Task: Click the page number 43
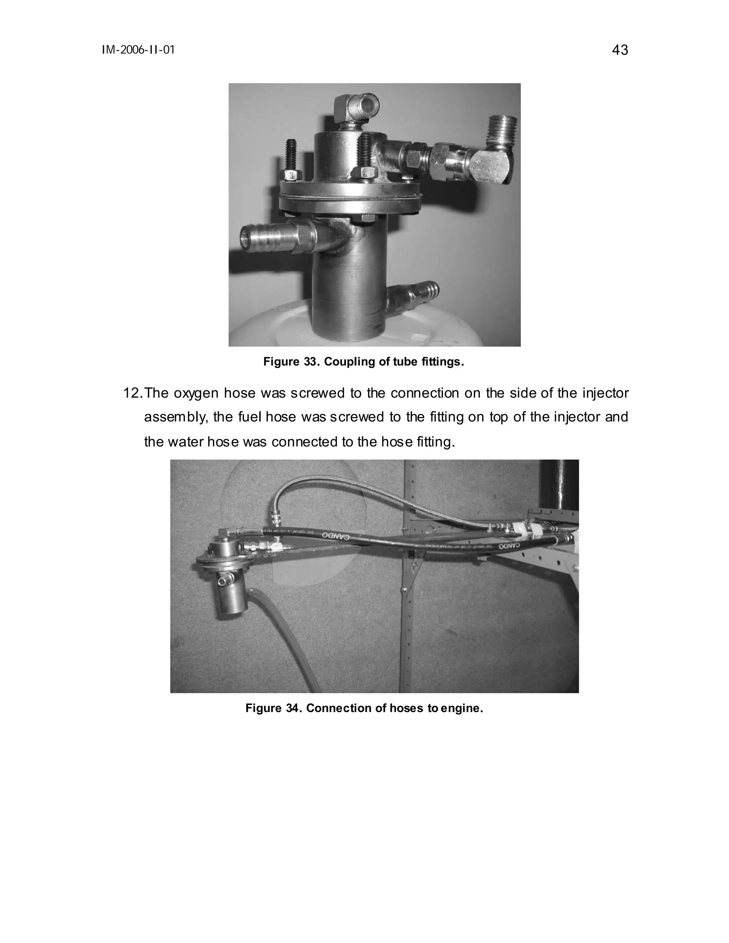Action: pos(620,51)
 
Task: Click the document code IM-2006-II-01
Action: pos(138,51)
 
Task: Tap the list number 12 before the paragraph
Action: pos(132,393)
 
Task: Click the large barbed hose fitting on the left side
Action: pos(272,237)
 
